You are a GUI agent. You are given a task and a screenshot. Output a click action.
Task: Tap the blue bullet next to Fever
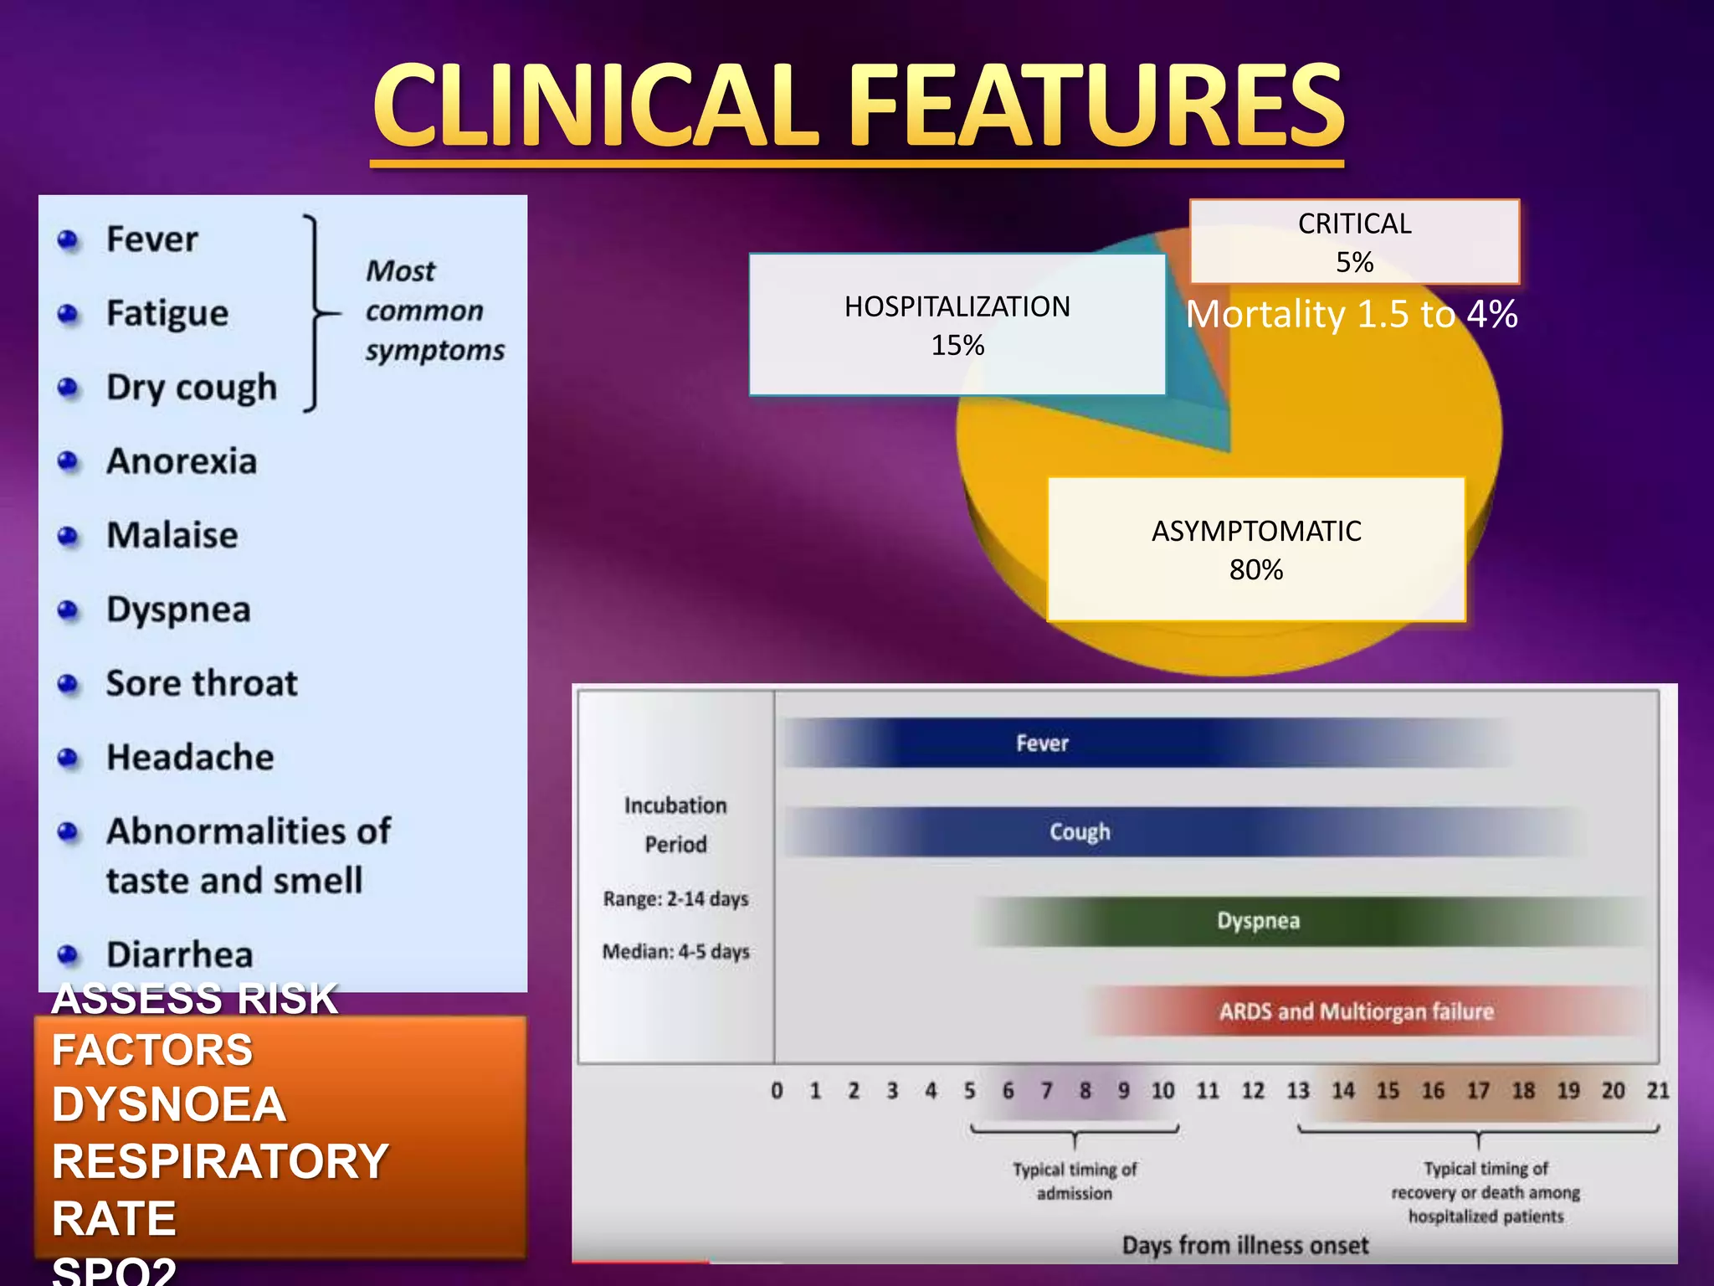68,241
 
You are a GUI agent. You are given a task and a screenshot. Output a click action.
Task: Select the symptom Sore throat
202,683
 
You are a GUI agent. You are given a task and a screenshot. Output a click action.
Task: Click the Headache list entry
190,757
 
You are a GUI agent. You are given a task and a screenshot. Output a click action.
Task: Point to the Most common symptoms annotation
434,311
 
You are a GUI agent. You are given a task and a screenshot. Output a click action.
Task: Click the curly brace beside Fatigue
316,313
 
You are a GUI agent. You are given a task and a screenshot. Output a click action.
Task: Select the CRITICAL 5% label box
1353,242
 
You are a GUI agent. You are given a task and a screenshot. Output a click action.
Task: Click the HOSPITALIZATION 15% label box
957,325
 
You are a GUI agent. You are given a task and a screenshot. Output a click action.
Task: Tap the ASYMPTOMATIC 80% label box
1255,549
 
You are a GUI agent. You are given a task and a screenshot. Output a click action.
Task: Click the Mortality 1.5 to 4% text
1351,315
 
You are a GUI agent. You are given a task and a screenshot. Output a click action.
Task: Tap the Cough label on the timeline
1080,832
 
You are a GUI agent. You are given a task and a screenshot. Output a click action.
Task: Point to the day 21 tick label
1657,1090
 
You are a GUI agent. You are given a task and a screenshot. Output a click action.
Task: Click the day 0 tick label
777,1091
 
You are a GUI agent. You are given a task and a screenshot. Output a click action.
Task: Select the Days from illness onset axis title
1244,1245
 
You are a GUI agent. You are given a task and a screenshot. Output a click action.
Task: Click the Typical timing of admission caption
1075,1181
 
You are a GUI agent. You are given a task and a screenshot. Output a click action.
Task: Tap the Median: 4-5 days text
675,952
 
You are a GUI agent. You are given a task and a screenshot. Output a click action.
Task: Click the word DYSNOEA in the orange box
169,1104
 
